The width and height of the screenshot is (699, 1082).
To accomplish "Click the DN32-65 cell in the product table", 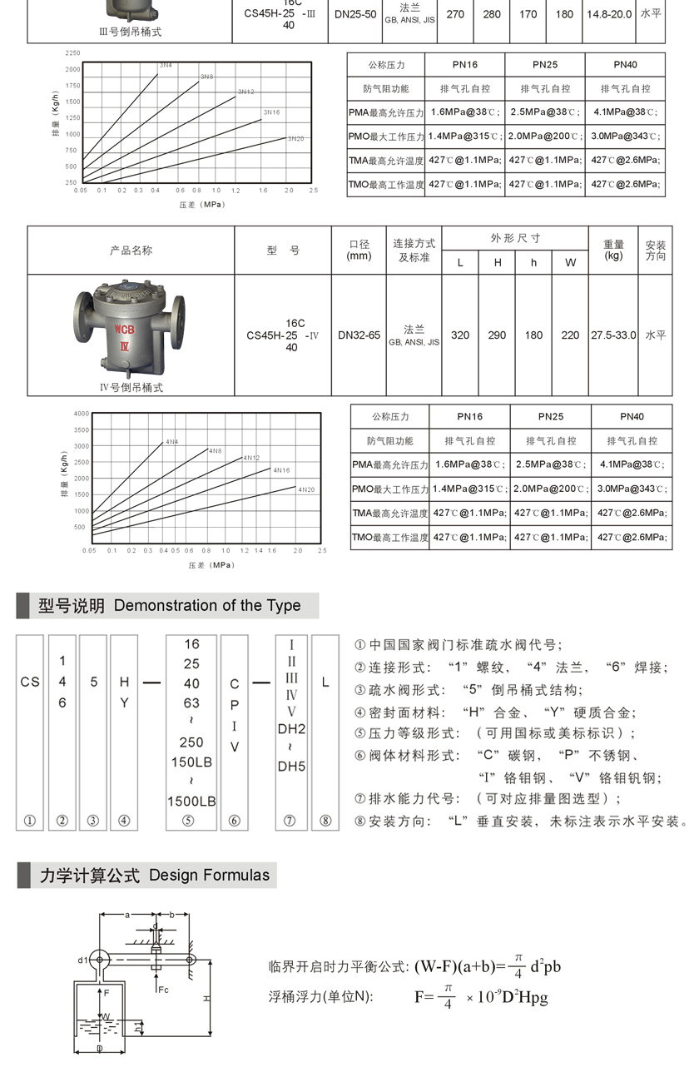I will tap(359, 335).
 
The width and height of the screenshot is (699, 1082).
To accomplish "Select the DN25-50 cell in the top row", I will tap(354, 14).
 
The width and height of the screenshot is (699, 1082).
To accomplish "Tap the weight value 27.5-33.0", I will tap(613, 335).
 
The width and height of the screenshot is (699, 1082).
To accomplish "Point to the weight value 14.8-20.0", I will tap(609, 14).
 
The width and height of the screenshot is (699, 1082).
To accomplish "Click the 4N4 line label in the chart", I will tap(171, 441).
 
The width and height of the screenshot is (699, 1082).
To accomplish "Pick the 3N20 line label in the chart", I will tap(295, 138).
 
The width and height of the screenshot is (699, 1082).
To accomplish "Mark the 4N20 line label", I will tap(306, 489).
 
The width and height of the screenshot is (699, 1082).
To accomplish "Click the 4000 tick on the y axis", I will tap(81, 414).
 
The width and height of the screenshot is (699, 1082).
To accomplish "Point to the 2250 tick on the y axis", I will tap(72, 53).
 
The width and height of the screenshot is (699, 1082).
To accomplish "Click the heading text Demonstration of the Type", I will tap(207, 606).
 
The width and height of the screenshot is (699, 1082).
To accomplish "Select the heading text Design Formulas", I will tap(210, 875).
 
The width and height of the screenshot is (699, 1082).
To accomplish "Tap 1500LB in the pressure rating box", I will tap(191, 801).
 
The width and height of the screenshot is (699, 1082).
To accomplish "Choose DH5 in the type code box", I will tap(291, 767).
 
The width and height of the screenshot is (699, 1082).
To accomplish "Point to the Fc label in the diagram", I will tap(163, 990).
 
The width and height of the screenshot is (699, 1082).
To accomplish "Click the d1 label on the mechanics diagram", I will tap(83, 960).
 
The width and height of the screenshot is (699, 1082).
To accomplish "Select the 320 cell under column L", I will tap(459, 335).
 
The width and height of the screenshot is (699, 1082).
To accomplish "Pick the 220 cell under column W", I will tap(570, 335).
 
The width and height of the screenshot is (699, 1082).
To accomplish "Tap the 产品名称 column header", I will tap(131, 251).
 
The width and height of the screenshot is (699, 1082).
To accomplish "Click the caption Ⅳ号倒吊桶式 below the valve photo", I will tap(131, 387).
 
